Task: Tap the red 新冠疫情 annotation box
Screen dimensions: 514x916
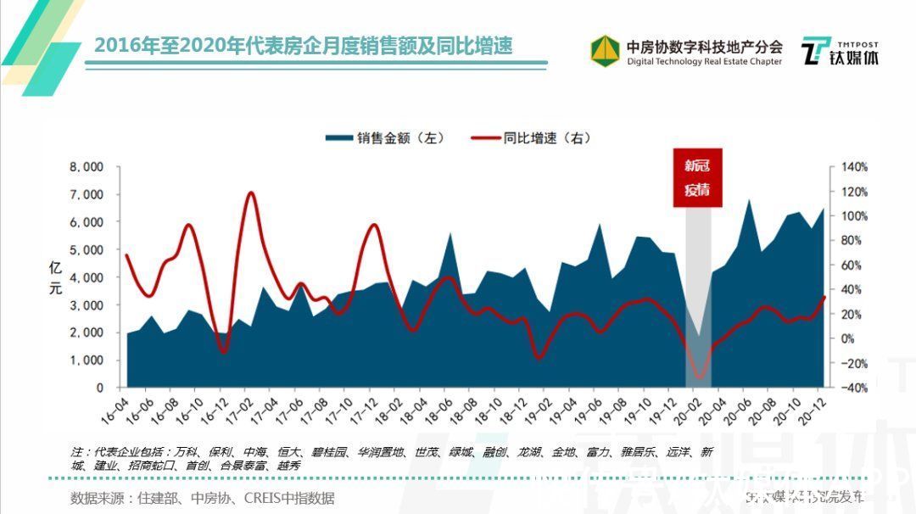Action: [697, 178]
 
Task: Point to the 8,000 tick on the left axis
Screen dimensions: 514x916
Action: [87, 167]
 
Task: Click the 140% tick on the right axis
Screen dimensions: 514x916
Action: [854, 167]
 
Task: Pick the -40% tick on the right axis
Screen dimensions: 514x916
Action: [854, 388]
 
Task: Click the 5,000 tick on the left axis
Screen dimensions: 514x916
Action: [87, 250]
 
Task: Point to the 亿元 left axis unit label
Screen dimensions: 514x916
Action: [56, 278]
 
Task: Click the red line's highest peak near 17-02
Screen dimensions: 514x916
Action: [250, 193]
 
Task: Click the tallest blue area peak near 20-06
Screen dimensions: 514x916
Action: [749, 202]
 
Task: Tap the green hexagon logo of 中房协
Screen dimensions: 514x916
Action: [605, 50]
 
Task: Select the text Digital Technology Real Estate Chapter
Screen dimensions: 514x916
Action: [704, 62]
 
